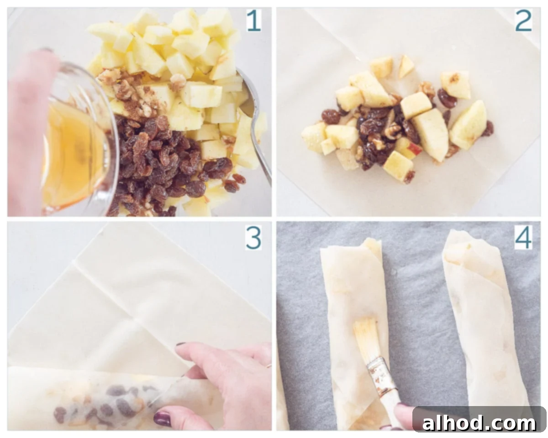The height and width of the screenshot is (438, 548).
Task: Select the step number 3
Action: pos(254,238)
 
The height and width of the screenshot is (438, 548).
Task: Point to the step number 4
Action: pos(523,238)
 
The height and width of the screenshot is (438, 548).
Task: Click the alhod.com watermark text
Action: pos(479,423)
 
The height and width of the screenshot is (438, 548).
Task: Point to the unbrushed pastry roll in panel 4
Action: pos(484,319)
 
